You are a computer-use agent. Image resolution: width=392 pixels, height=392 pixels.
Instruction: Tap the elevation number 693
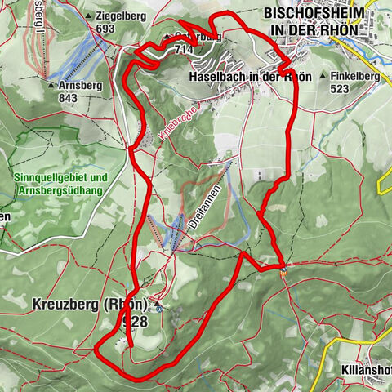(104, 29)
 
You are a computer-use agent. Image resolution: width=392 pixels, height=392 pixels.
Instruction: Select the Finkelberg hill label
(357, 76)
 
